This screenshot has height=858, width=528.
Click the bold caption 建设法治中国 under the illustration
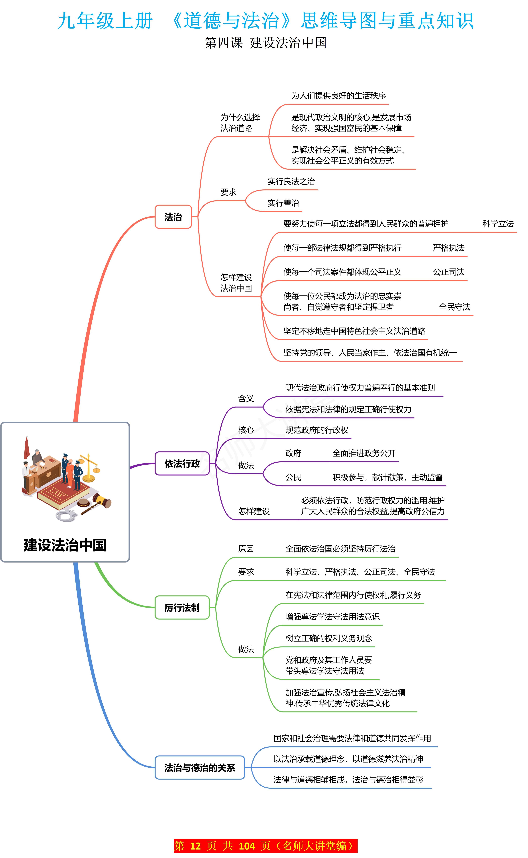[x=65, y=545]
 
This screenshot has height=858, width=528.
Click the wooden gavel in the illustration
[x=98, y=503]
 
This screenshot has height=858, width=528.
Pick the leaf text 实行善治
[x=283, y=203]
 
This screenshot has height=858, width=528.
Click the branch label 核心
[x=246, y=430]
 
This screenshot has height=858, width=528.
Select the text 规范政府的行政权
[x=317, y=430]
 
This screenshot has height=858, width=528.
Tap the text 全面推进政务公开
[x=364, y=453]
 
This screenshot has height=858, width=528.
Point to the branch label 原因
[x=246, y=549]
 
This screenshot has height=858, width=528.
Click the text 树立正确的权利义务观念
[x=329, y=638]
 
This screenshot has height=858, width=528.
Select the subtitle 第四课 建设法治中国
[x=265, y=43]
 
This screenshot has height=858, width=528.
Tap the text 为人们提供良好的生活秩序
[x=338, y=95]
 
